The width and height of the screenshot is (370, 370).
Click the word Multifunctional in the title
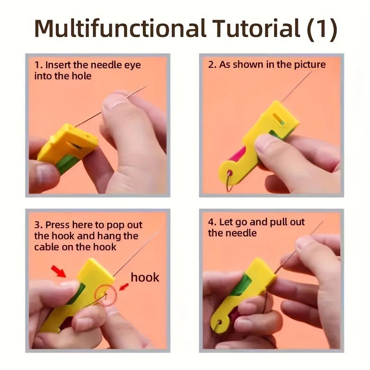pos(120,28)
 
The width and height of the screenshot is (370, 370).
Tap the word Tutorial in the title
pos(256,28)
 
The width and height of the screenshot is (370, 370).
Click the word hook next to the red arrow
pos(145,277)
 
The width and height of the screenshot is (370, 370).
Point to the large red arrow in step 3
pos(59,271)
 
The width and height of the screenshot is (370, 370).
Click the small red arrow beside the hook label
pos(124,287)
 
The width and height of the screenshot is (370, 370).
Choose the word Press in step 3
pos(57,225)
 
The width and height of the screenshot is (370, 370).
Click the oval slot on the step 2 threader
pos(278,119)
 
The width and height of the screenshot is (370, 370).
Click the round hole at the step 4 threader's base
pos(219,322)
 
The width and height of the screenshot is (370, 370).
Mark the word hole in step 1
pos(81,76)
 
